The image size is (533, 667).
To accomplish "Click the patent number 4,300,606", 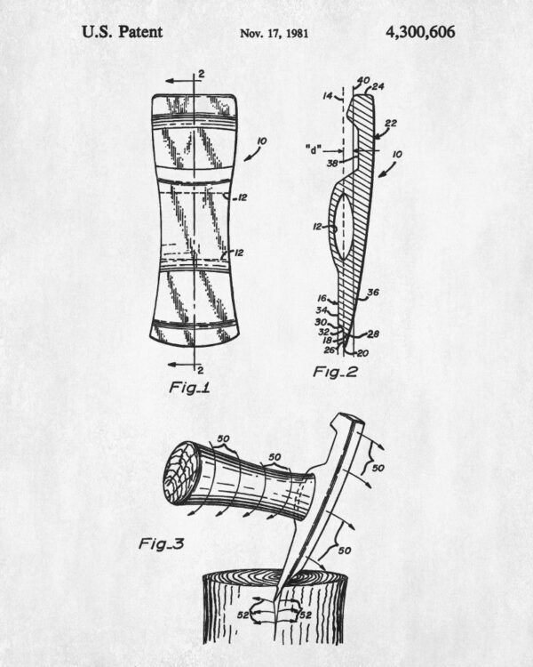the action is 420,32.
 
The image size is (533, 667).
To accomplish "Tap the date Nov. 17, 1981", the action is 274,33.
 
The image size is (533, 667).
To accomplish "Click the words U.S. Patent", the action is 122,32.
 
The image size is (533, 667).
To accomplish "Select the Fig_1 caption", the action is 190,388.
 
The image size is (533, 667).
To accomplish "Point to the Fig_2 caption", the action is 336,373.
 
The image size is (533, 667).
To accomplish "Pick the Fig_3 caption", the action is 162,543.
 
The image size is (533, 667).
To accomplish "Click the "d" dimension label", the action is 314,149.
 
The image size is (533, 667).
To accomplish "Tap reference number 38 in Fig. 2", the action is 333,163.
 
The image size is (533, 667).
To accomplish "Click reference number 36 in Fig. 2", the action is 373,293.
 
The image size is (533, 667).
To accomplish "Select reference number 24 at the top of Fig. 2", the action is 378,87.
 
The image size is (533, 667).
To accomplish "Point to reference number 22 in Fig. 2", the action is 391,124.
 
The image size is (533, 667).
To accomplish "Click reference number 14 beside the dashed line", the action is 327,96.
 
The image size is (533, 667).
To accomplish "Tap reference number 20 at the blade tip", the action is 362,353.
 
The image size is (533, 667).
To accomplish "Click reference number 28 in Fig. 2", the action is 373,333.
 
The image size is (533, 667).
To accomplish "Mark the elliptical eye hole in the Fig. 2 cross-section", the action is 342,227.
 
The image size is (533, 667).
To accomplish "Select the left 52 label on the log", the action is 243,615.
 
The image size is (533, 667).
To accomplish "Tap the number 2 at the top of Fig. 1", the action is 201,74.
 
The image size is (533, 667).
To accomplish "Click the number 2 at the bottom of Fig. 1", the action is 201,370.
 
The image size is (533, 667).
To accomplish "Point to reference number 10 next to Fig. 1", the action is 262,141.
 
